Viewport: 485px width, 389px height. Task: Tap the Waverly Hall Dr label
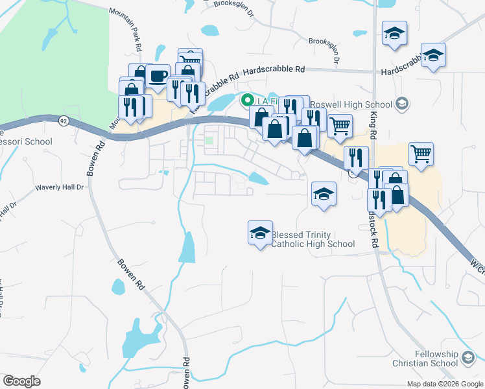[60, 187]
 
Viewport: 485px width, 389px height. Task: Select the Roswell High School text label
[351, 104]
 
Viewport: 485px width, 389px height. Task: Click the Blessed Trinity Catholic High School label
[313, 239]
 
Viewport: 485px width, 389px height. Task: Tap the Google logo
[21, 381]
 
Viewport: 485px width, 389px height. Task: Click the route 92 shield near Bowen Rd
[62, 121]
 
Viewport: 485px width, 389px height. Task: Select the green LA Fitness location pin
[247, 100]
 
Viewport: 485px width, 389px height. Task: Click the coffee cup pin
[158, 77]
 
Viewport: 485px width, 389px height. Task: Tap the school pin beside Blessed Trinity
[260, 233]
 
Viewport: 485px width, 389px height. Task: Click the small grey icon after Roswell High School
[402, 104]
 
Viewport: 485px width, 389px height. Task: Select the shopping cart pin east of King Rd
[421, 154]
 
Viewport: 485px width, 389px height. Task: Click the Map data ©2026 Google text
[445, 384]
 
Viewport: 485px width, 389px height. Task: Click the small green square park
[209, 139]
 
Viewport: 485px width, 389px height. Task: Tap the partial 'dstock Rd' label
[373, 228]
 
